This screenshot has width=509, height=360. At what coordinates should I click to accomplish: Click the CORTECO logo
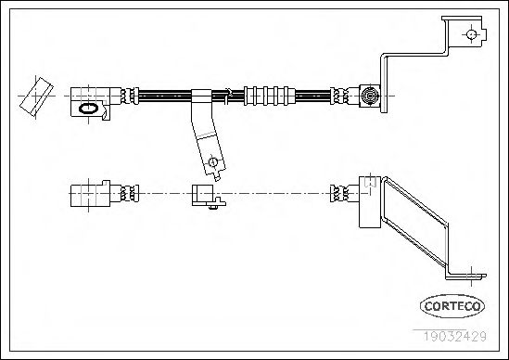pyautogui.click(x=452, y=306)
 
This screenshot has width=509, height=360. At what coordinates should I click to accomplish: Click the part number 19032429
pyautogui.click(x=455, y=336)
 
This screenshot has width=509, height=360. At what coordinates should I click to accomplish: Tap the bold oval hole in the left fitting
pyautogui.click(x=88, y=109)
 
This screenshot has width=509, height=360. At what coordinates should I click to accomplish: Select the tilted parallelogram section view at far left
pyautogui.click(x=36, y=96)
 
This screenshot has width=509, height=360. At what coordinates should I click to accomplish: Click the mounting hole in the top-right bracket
pyautogui.click(x=471, y=34)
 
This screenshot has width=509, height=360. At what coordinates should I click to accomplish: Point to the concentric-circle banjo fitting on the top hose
pyautogui.click(x=370, y=96)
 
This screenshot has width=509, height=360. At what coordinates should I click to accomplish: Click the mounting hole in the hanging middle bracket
pyautogui.click(x=212, y=161)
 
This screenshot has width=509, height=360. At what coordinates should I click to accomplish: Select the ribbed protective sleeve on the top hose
pyautogui.click(x=270, y=96)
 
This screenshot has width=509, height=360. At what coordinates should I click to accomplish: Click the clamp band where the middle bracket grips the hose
pyautogui.click(x=201, y=96)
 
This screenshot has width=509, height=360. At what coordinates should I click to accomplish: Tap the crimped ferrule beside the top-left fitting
pyautogui.click(x=130, y=96)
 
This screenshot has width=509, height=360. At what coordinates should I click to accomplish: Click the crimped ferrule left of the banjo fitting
pyautogui.click(x=339, y=96)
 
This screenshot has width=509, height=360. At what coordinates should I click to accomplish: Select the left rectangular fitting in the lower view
pyautogui.click(x=90, y=194)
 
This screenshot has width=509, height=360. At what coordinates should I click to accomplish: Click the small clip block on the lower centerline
pyautogui.click(x=203, y=195)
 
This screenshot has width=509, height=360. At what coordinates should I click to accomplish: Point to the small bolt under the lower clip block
pyautogui.click(x=213, y=207)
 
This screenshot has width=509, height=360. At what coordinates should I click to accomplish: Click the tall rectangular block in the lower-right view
pyautogui.click(x=369, y=201)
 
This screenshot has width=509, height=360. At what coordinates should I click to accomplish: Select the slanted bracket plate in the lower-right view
pyautogui.click(x=415, y=223)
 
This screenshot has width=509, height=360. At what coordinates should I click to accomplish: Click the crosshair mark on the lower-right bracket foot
pyautogui.click(x=471, y=276)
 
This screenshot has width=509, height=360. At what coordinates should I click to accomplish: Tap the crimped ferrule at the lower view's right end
pyautogui.click(x=339, y=194)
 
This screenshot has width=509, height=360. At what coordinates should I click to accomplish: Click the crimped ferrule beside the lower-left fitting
pyautogui.click(x=130, y=193)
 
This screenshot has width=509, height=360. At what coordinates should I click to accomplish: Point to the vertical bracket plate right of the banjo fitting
pyautogui.click(x=384, y=84)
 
